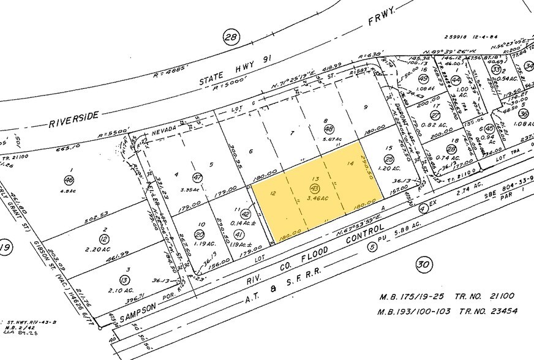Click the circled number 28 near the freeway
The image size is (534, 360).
click(x=230, y=39)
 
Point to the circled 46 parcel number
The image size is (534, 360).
click(x=69, y=179)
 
